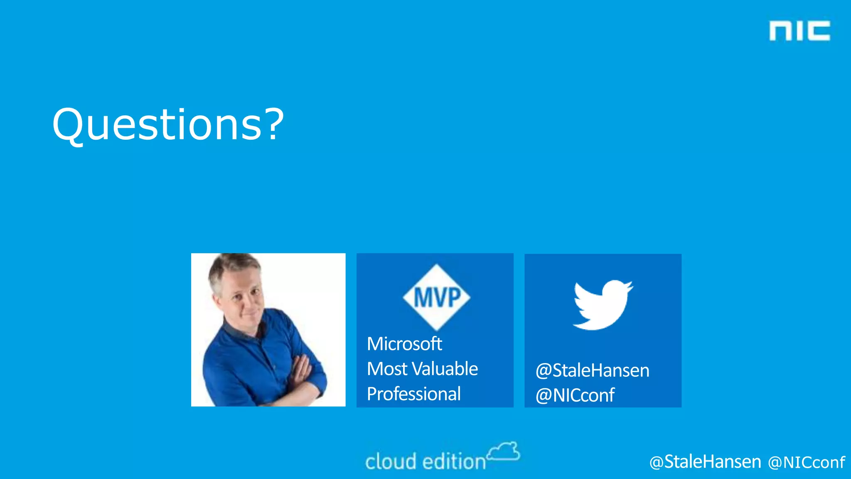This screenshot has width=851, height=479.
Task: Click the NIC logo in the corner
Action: pos(799,31)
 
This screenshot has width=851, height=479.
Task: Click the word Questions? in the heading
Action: pos(168,125)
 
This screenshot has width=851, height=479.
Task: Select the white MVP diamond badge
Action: pos(436,297)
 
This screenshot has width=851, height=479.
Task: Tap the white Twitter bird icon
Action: pos(603,305)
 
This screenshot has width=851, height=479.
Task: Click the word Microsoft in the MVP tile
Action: pos(404,344)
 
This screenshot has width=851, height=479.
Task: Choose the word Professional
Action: pos(414,394)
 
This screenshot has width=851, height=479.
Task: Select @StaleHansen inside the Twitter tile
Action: pos(593,370)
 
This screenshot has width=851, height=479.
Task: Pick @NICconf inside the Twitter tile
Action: pos(575,395)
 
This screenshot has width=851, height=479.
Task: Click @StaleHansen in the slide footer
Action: pos(705,462)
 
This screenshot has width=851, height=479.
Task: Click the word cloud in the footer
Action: pos(391,462)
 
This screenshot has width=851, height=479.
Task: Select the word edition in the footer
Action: pos(454,462)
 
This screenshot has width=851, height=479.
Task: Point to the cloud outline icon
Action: pos(504,452)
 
